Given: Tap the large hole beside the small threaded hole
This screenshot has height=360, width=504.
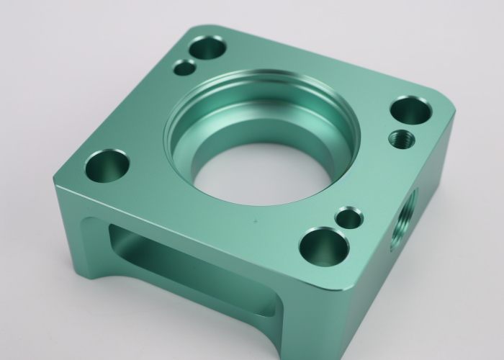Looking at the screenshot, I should (410, 110).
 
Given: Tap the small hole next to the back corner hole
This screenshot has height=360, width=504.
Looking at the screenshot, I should (185, 68).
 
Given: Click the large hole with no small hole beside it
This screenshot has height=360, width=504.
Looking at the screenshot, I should (107, 166).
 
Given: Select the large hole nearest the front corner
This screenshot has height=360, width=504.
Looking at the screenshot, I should (324, 246).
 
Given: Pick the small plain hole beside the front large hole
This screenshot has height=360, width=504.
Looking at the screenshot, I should (350, 218).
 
